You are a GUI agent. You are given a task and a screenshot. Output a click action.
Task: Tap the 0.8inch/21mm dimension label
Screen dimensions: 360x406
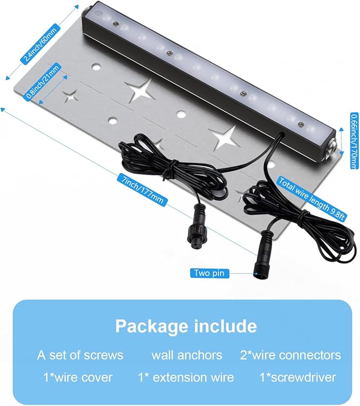43,81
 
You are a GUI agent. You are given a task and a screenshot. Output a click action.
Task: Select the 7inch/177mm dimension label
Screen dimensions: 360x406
143,189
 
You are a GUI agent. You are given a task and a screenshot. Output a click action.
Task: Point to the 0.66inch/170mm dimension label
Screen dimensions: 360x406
355,140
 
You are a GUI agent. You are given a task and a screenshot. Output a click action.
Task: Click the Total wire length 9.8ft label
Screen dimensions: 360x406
312,199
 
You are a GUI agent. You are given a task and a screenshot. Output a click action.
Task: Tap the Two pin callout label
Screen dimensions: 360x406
209,273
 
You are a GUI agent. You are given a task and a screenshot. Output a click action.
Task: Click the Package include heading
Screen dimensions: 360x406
186,326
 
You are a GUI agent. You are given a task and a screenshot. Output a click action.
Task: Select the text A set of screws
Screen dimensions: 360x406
80,355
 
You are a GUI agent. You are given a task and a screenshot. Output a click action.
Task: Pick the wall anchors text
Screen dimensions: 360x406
187,355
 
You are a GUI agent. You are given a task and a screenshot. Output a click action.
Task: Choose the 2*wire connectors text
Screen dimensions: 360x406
291,355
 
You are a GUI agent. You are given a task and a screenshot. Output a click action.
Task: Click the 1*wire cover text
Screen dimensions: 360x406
78,377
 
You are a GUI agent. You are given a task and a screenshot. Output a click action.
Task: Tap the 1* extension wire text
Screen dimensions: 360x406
186,377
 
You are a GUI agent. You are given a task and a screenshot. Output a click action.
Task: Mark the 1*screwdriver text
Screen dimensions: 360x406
298,377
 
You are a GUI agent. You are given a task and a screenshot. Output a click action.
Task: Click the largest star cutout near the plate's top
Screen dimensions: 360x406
141,90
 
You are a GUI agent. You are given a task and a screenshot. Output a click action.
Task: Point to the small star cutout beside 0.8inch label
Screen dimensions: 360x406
69,96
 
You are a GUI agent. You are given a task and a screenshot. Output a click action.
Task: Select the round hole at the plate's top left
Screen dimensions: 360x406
96,68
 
